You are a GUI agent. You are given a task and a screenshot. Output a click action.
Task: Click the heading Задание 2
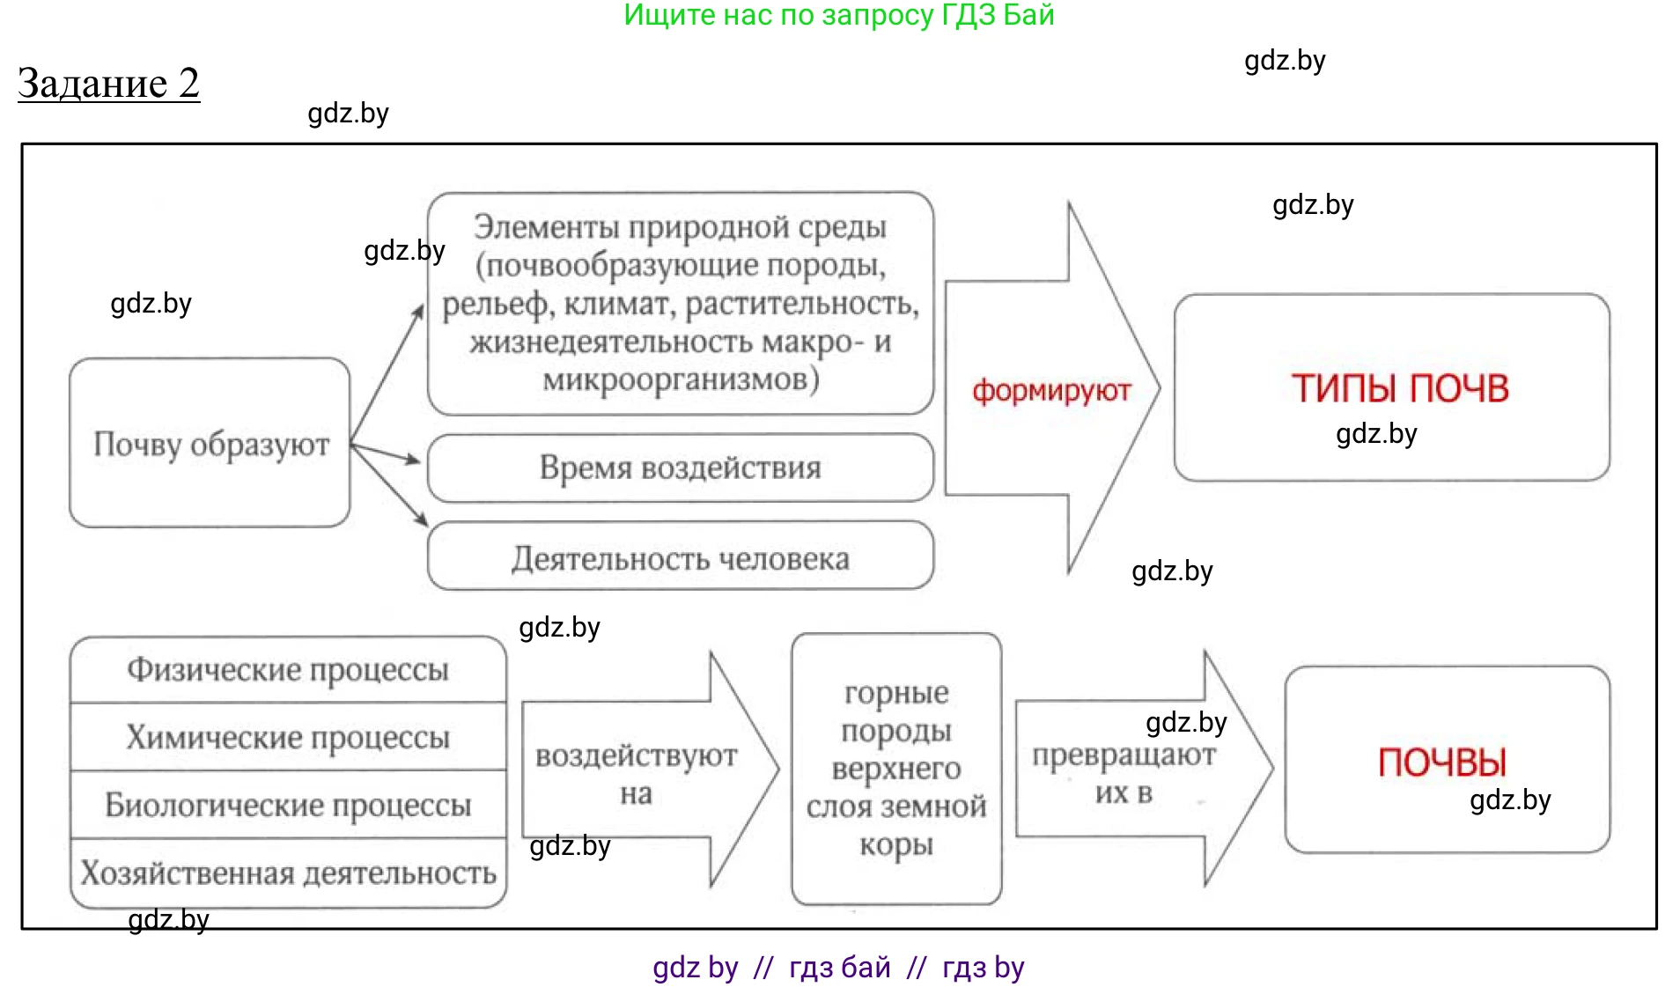108,84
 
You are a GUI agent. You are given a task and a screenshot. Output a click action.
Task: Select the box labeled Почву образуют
210,444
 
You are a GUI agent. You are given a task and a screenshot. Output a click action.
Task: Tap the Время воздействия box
680,468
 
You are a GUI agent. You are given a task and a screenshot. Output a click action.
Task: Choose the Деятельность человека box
680,558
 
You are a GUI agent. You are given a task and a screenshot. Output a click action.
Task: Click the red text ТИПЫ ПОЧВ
1400,388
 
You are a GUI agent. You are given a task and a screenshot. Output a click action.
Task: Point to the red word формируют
1051,390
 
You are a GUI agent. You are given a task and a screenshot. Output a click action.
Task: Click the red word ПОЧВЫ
1442,762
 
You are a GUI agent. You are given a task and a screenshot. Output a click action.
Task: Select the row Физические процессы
288,670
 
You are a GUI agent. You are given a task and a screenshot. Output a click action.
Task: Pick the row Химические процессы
288,737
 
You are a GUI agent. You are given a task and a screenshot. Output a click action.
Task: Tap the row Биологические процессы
288,805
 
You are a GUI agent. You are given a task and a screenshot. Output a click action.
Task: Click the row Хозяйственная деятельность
288,873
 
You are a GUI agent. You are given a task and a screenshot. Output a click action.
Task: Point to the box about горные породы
896,768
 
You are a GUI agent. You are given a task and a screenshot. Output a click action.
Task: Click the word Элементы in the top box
546,227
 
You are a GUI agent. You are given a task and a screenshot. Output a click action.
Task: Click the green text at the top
838,15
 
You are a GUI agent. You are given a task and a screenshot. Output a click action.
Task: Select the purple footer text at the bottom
838,967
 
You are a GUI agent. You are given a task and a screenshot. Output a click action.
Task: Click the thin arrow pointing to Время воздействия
388,453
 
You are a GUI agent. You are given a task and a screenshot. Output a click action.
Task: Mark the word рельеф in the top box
494,305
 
